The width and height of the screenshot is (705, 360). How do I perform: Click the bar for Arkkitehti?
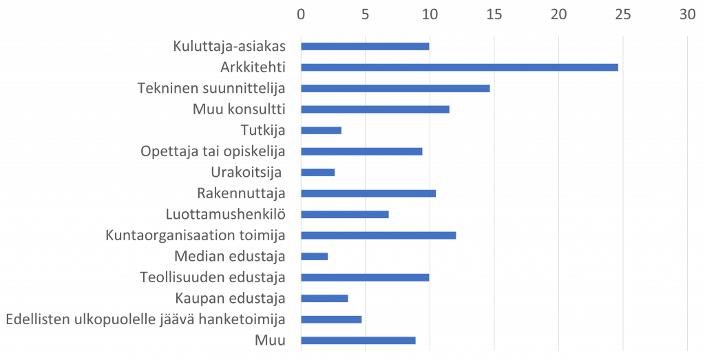click(x=460, y=67)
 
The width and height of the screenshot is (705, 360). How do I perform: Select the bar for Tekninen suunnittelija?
click(x=396, y=89)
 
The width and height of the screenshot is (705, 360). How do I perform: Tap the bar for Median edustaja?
click(x=315, y=257)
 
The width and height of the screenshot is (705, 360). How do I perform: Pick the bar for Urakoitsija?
click(x=318, y=173)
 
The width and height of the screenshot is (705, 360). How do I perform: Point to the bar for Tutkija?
click(x=322, y=131)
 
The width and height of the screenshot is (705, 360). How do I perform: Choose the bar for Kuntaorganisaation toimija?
click(x=379, y=235)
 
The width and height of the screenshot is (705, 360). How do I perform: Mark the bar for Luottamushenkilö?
click(x=345, y=215)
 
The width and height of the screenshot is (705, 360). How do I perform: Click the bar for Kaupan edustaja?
click(x=325, y=299)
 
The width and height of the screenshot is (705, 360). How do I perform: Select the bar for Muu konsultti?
click(x=376, y=109)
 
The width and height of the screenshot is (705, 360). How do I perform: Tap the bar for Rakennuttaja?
click(x=369, y=193)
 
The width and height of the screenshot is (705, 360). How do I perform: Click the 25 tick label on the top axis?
click(x=622, y=14)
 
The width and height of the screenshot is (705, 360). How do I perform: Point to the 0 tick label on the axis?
click(x=301, y=14)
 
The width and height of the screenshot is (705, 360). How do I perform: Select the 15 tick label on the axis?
click(x=494, y=14)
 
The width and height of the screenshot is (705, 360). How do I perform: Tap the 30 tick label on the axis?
click(x=687, y=14)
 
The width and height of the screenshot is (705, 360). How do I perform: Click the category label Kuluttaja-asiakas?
click(x=229, y=47)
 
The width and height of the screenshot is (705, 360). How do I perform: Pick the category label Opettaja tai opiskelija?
click(x=213, y=151)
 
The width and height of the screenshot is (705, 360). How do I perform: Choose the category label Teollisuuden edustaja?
click(x=213, y=277)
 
